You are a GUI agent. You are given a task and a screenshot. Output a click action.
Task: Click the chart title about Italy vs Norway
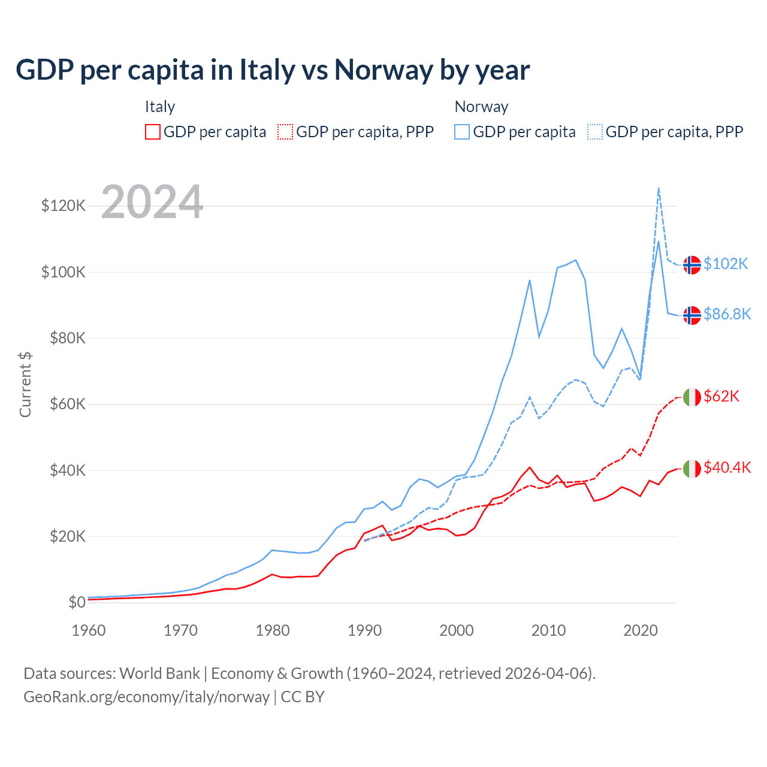tap(273, 70)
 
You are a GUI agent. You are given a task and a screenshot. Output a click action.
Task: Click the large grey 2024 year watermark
tap(152, 202)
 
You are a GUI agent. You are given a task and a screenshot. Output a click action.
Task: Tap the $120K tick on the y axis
tap(64, 206)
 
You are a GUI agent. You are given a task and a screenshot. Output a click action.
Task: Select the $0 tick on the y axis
tap(77, 602)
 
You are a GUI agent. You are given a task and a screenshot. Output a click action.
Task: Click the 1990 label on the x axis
tap(364, 630)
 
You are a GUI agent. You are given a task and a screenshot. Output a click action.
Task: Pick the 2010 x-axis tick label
tap(548, 630)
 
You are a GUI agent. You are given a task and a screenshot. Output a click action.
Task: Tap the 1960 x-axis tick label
tap(89, 630)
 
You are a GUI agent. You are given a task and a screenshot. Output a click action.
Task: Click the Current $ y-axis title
tap(25, 384)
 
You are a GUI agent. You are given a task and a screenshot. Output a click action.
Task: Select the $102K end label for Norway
tap(726, 264)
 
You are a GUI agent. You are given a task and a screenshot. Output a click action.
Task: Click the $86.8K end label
tap(727, 314)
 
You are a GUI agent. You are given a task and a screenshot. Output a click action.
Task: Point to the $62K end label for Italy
tap(721, 396)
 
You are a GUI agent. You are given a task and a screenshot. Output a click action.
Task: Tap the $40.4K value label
tap(727, 467)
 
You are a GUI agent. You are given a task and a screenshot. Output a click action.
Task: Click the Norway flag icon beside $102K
tap(692, 264)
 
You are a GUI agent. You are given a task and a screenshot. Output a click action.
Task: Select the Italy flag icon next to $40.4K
tap(692, 468)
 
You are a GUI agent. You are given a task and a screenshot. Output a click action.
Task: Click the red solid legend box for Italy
tap(153, 132)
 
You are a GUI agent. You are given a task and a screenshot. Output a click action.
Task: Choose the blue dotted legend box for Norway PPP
tap(595, 132)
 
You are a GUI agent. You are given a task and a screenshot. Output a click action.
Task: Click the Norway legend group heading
tap(481, 107)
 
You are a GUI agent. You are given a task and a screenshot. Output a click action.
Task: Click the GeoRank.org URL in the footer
tap(146, 697)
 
